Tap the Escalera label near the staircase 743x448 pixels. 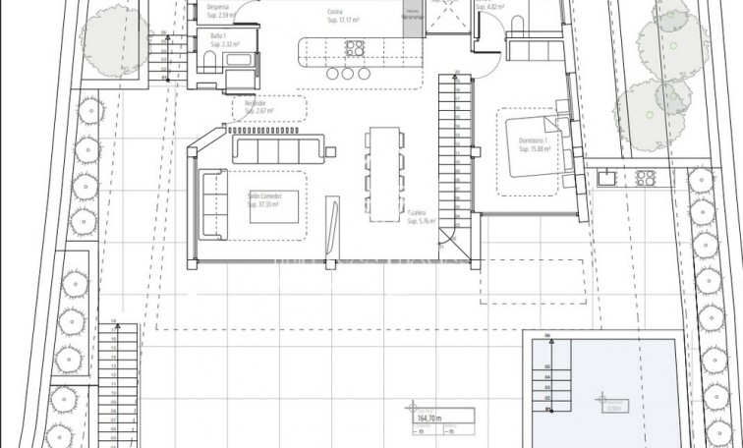[x=422, y=217]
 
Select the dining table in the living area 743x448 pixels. [x=384, y=175]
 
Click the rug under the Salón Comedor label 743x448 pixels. [x=263, y=202]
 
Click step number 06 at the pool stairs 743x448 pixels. [x=548, y=335]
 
